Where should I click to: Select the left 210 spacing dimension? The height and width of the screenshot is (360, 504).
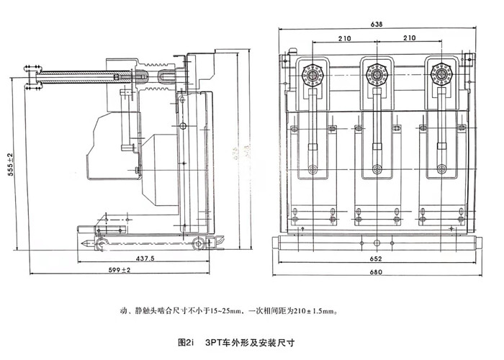coord(343,38)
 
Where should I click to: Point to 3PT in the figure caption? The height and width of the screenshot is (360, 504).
coord(215,343)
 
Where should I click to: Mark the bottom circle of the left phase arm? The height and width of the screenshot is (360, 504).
coord(312,171)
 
